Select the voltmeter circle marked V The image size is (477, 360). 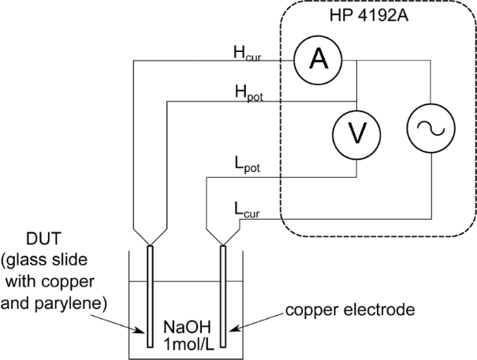(x=357, y=133)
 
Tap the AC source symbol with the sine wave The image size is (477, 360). (x=431, y=132)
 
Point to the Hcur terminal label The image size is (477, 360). (x=248, y=53)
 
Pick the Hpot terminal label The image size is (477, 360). (x=248, y=93)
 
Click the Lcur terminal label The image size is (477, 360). (x=246, y=208)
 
